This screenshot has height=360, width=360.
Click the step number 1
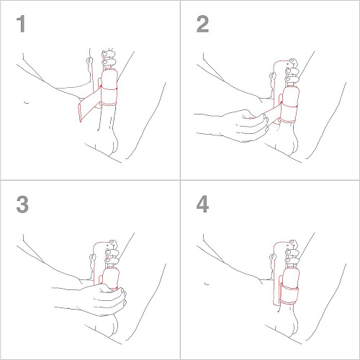(21, 24)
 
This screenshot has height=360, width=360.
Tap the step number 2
(202, 24)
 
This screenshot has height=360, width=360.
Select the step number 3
(22, 204)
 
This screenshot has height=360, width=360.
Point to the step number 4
(202, 204)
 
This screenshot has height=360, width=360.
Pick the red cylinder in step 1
(109, 87)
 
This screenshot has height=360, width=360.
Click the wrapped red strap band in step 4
(289, 294)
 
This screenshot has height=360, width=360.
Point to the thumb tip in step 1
(89, 60)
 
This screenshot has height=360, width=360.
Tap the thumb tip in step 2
(273, 76)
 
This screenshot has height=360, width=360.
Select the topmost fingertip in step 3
(113, 243)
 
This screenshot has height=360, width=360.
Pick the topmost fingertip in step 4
(293, 243)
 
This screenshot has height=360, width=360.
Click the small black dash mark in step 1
(26, 103)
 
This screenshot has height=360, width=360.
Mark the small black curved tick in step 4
(207, 284)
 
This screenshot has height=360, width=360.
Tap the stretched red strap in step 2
(272, 113)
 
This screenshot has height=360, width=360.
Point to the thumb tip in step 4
(273, 257)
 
